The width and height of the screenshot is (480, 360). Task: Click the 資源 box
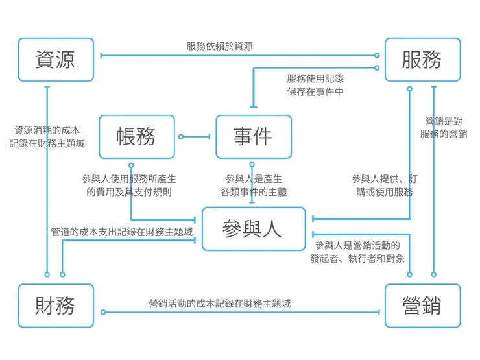(x=56, y=60)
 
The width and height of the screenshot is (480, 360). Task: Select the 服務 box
(x=422, y=60)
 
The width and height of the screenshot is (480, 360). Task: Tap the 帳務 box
(x=136, y=137)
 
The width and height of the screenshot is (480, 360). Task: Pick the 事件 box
(x=253, y=137)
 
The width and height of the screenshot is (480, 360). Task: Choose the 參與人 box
(x=253, y=229)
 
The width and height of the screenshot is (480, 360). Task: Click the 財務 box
(x=56, y=306)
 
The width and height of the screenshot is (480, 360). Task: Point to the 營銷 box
(x=422, y=306)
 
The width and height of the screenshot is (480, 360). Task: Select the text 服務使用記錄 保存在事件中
(x=315, y=85)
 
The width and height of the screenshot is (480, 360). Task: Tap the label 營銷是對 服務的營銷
(x=443, y=128)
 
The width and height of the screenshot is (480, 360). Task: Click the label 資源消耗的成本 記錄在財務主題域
(x=47, y=136)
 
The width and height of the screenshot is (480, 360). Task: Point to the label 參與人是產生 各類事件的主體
(x=254, y=185)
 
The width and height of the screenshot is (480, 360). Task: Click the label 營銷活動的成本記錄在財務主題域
(x=219, y=303)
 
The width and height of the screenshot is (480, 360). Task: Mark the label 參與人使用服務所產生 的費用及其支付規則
(x=129, y=185)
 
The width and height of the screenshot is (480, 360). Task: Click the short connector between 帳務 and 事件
(x=195, y=137)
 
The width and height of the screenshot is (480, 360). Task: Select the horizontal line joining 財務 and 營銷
(x=240, y=313)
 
